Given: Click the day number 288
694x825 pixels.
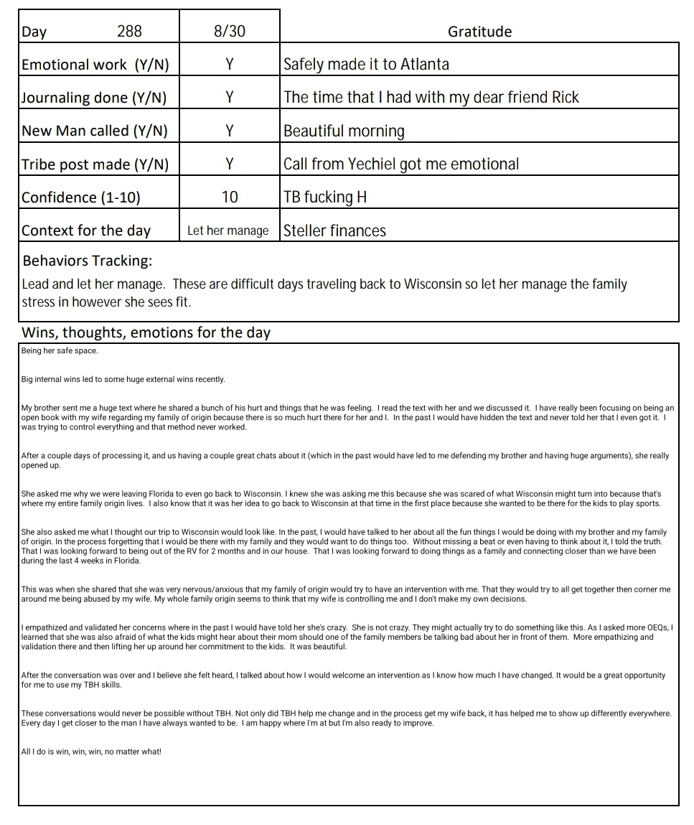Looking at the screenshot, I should (129, 31).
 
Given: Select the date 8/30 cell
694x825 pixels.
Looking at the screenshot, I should (229, 31).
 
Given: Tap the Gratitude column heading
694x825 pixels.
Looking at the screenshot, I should (479, 32).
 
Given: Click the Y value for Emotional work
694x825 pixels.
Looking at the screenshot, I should (229, 64).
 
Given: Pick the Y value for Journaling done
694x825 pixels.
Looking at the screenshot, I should (229, 97).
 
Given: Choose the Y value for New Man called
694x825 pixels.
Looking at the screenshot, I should (229, 131).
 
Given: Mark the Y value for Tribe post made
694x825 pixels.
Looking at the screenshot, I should (229, 164).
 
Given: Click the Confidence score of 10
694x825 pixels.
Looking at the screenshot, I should (229, 197).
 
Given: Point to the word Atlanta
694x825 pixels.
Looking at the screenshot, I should (424, 64).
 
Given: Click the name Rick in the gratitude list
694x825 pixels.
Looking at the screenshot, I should (565, 97).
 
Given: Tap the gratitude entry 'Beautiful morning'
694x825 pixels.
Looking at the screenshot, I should (344, 131).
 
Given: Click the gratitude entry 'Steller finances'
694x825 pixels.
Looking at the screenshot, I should (334, 230).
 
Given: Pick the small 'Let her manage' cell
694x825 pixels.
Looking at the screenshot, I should (228, 230).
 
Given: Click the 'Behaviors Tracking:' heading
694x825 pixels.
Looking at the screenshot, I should (87, 260).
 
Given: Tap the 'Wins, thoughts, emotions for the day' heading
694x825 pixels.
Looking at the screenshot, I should (146, 332).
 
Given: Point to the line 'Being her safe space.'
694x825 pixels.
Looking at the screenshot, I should (60, 351).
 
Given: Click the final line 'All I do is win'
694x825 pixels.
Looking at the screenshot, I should (91, 752).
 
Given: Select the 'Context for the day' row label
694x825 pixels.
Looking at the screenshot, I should (86, 230).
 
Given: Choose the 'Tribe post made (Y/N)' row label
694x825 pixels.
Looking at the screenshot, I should (95, 164).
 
